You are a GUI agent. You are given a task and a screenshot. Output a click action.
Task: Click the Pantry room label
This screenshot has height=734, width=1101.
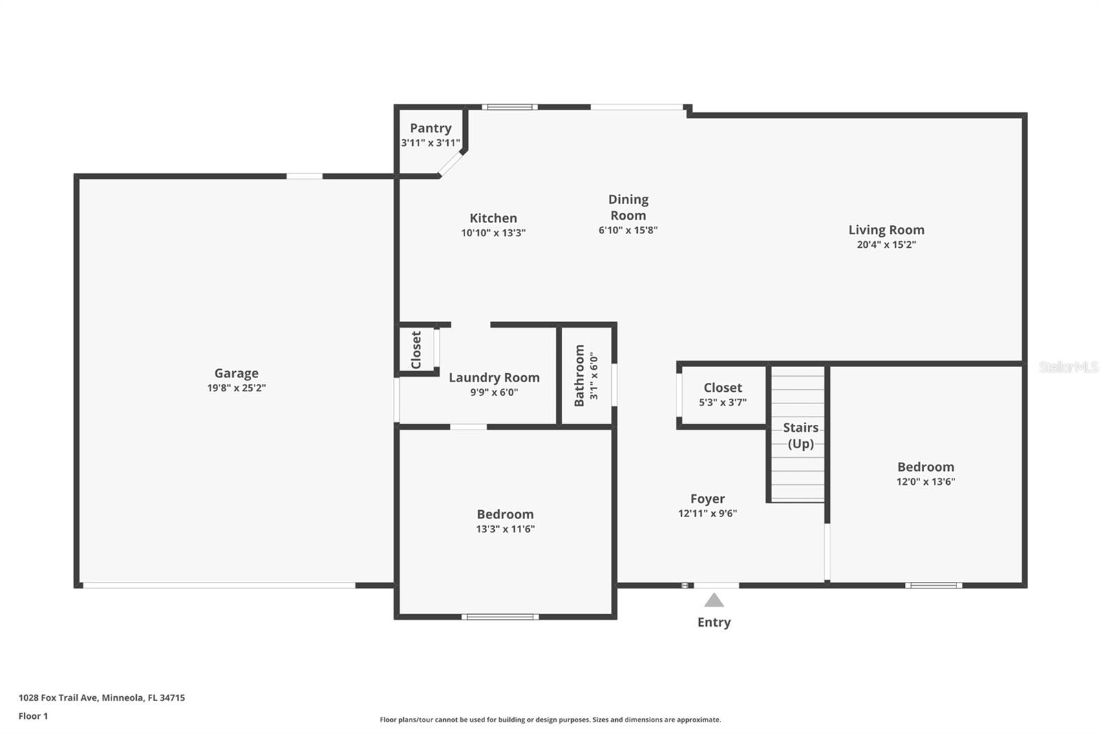431,128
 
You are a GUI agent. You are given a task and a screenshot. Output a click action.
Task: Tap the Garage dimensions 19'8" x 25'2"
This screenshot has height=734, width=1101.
236,388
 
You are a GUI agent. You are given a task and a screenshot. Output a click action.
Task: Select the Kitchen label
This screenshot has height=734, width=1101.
493,218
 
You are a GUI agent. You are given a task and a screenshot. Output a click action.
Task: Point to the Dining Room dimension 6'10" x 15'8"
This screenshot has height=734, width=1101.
628,231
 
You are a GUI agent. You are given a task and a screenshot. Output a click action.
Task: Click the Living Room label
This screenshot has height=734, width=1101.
886,230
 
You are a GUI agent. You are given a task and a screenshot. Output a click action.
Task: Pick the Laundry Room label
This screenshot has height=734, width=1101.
494,377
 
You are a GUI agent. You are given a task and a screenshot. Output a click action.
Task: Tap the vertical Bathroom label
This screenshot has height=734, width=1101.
579,375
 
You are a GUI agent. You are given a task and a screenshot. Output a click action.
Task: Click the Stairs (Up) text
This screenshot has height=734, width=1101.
800,435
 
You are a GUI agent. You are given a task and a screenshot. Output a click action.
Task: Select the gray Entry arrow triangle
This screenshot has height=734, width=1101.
714,600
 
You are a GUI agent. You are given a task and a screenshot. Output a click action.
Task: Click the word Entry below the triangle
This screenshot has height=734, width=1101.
714,622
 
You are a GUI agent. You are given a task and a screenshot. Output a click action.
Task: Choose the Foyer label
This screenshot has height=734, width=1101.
707,499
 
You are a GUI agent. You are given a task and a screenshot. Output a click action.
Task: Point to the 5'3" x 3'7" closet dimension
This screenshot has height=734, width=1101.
723,403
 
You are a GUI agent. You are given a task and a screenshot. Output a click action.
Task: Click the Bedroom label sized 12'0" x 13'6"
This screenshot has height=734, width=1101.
926,467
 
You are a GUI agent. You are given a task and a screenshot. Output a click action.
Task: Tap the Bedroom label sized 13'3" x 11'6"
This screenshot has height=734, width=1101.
505,514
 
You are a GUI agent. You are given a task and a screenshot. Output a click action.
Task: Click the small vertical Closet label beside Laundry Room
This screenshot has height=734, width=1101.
416,350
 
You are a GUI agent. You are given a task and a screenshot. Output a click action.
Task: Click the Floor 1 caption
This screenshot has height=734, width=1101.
33,716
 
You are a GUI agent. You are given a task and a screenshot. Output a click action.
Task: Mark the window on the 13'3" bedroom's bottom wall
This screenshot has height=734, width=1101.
500,617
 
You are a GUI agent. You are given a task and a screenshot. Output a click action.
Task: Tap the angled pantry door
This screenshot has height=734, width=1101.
451,164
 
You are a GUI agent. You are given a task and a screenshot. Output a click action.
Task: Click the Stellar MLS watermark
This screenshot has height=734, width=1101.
1068,368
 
